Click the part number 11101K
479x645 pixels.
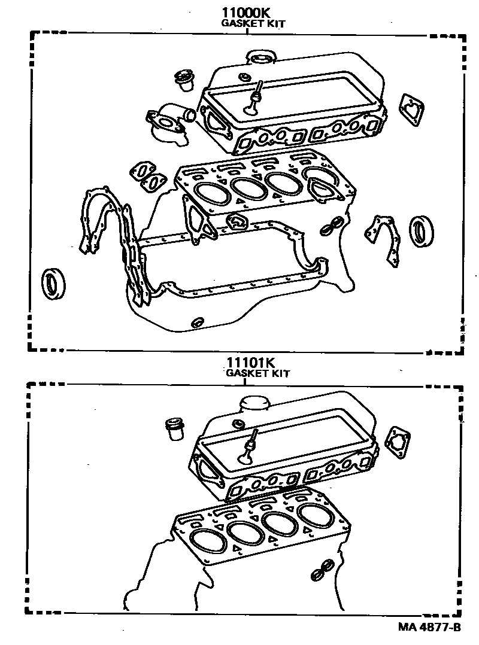click(x=250, y=362)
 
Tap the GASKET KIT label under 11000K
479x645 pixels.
click(x=253, y=24)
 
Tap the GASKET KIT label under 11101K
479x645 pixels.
click(x=258, y=373)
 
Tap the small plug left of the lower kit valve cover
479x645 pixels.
click(x=175, y=430)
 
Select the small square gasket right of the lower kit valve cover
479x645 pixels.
click(x=398, y=443)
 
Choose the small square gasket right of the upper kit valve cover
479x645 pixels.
click(x=412, y=109)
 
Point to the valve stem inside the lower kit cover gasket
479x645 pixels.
click(x=248, y=448)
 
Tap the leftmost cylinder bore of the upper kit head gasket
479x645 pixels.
click(x=212, y=194)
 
